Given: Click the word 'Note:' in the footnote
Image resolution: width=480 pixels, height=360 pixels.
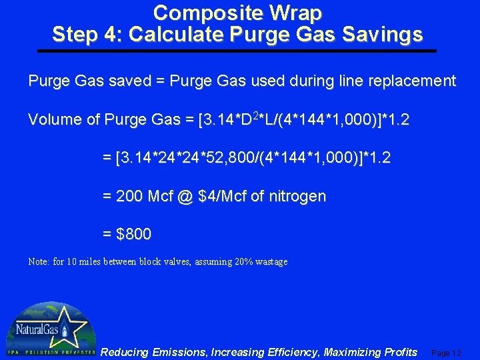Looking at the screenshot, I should click(39, 262).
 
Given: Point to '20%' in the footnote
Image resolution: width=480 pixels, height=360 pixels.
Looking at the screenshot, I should click(243, 262).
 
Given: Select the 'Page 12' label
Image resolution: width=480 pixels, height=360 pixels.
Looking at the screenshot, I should click(447, 353).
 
